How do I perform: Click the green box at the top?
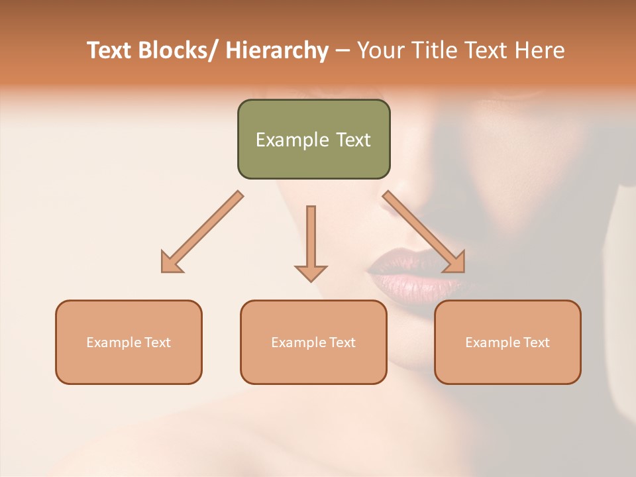point(313,139)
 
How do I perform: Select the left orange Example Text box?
point(129,342)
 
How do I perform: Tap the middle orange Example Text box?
point(313,342)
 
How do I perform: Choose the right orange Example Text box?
point(507,342)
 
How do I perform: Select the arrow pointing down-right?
point(424,232)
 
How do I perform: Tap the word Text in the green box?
point(353,140)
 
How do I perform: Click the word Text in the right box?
point(536,343)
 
